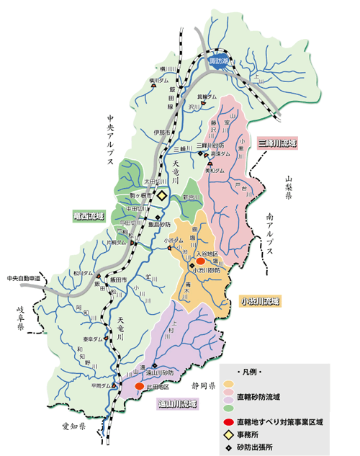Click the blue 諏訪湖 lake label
click(x=217, y=62)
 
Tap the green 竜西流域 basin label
click(x=89, y=215)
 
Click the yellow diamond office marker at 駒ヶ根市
click(x=162, y=195)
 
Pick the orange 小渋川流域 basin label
click(x=261, y=300)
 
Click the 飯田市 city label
click(x=118, y=278)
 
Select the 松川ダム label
click(x=83, y=274)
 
